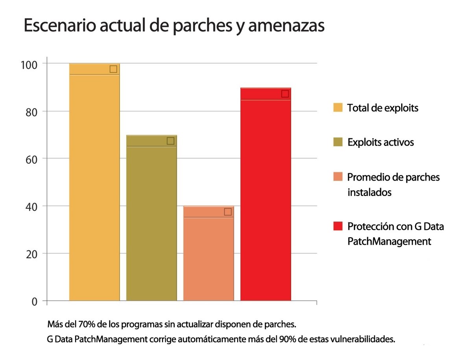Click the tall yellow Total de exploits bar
pos(94,185)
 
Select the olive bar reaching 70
pos(151,220)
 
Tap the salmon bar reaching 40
pos(208,256)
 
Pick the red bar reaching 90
pos(265,197)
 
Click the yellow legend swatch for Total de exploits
pos(337,107)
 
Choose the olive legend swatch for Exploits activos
pos(337,142)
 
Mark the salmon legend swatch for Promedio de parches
pos(337,177)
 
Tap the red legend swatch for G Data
pos(337,226)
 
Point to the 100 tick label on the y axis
pos(28,64)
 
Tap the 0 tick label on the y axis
pos(34,302)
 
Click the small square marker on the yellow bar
pos(113,69)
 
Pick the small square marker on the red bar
pos(285,94)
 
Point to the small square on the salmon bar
pos(227,212)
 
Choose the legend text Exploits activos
pos(380,142)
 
